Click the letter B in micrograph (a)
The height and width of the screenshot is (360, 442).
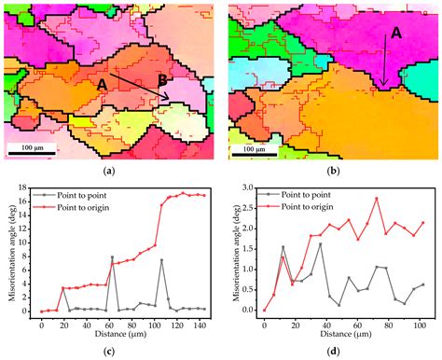[x=163, y=81]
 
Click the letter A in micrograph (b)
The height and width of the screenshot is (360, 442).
[x=395, y=33]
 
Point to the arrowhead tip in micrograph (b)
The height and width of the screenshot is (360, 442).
[x=382, y=90]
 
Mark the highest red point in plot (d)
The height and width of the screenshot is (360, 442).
[x=377, y=198]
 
